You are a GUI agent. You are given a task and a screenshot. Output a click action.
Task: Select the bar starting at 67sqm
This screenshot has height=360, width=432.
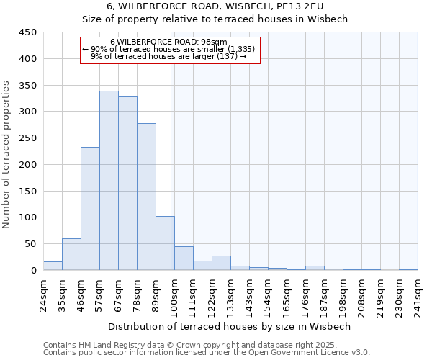pos(127,184)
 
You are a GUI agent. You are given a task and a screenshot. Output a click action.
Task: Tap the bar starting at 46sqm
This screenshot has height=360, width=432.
pos(90,209)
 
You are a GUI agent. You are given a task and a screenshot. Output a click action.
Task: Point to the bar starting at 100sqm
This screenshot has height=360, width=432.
pos(184,258)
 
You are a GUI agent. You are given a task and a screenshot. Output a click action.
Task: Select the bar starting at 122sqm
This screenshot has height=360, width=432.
pos(221,263)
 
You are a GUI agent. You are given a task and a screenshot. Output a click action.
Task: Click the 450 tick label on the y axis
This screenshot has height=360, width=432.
pos(27,32)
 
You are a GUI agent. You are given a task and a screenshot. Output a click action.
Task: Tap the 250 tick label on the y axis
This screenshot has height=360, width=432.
pos(27,138)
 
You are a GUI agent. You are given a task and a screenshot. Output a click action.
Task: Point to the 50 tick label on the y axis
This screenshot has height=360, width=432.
pos(30,244)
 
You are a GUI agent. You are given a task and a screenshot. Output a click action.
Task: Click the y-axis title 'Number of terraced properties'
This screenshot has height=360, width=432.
pos(7,155)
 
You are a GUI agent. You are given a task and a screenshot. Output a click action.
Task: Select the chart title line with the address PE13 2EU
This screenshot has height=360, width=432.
pos(215,6)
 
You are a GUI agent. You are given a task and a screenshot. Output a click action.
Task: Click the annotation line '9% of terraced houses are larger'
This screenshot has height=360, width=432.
pos(168,56)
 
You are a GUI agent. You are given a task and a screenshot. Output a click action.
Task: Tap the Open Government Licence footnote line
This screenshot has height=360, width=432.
pos(206,352)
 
